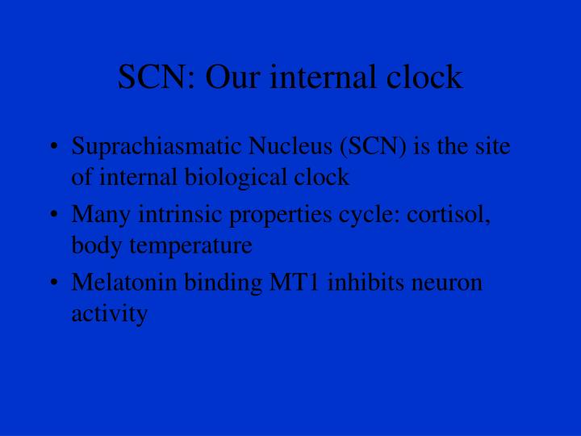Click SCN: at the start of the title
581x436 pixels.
coord(155,78)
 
